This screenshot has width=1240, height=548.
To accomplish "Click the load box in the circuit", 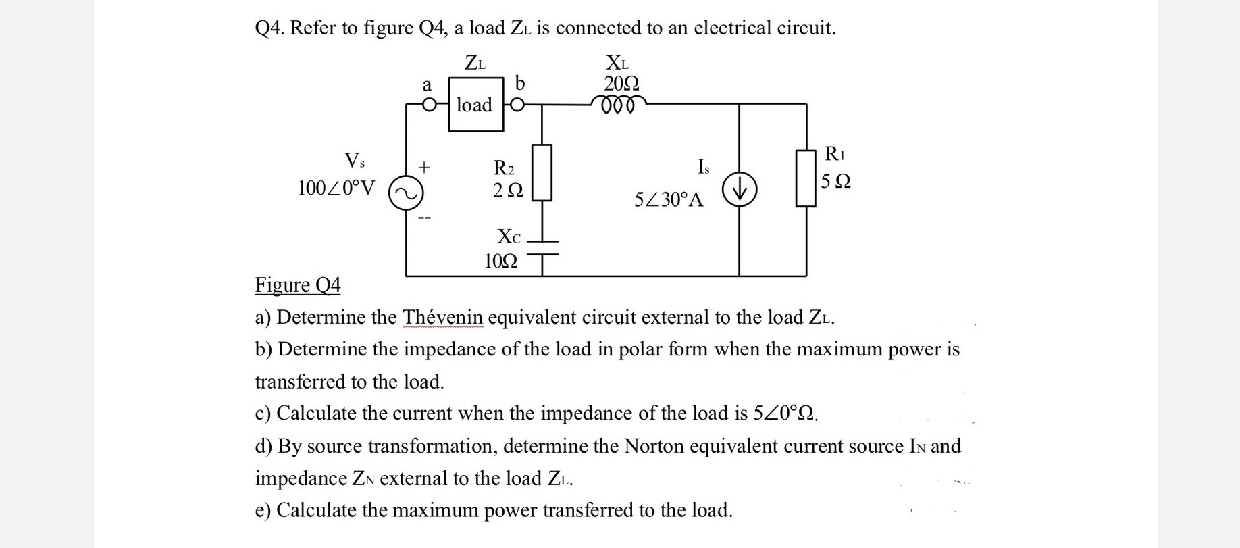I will pyautogui.click(x=476, y=104).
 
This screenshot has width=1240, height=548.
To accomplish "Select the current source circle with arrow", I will pyautogui.click(x=739, y=191).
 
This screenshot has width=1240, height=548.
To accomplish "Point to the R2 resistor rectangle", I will pyautogui.click(x=542, y=172).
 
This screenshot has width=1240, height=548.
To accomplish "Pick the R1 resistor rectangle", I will pyautogui.click(x=806, y=178).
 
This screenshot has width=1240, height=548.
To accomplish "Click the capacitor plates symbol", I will pyautogui.click(x=542, y=248).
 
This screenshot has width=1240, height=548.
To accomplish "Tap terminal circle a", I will pyautogui.click(x=428, y=105).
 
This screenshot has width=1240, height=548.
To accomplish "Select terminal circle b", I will pyautogui.click(x=517, y=105).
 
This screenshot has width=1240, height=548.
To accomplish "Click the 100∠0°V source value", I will pyautogui.click(x=336, y=187).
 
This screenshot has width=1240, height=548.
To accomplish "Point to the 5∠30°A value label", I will pyautogui.click(x=669, y=200).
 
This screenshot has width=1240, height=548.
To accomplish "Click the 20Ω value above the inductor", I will pyautogui.click(x=621, y=83).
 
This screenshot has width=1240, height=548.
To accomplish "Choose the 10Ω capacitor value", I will pyautogui.click(x=501, y=261).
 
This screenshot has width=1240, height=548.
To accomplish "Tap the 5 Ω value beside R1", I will pyautogui.click(x=836, y=182).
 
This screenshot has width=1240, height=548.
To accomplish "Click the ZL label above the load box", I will pyautogui.click(x=475, y=63).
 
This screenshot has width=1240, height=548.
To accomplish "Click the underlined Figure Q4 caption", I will pyautogui.click(x=298, y=285).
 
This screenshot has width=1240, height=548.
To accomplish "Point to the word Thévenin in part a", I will pyautogui.click(x=443, y=317).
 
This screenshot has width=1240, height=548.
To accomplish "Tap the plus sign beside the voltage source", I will pyautogui.click(x=423, y=166).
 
